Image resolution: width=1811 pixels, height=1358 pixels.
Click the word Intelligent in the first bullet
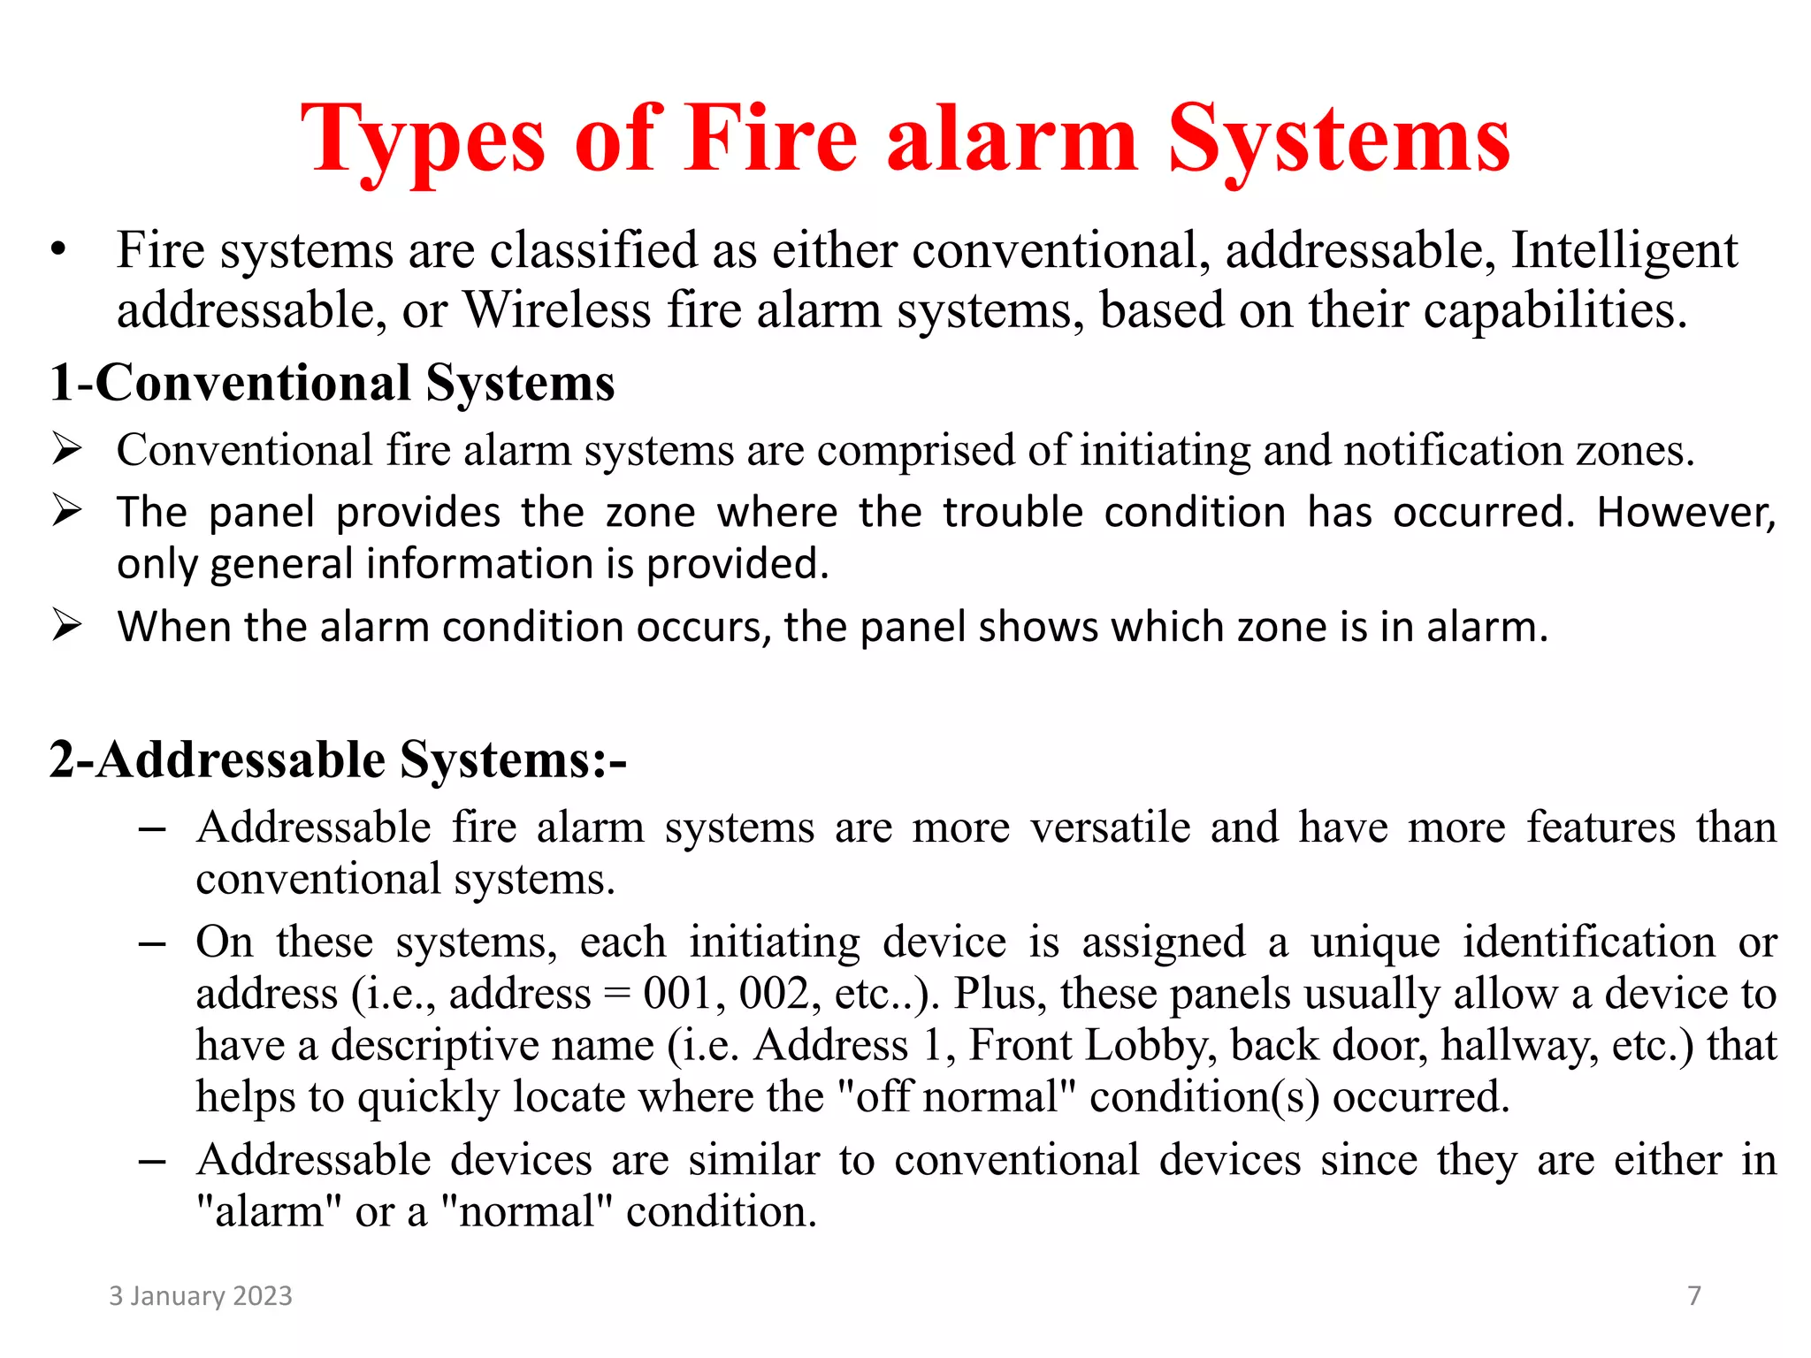tap(1624, 250)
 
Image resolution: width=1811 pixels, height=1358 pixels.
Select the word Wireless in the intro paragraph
tap(557, 310)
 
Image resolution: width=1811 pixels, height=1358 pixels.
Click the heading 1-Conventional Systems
tap(332, 383)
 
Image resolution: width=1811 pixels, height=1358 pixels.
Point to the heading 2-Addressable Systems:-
tap(338, 759)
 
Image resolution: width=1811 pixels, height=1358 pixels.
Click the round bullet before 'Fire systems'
tap(58, 250)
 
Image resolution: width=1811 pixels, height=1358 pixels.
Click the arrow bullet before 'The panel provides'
tap(66, 510)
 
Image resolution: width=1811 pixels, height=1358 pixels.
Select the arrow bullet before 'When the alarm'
tap(66, 625)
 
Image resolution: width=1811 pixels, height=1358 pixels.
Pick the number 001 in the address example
tap(676, 994)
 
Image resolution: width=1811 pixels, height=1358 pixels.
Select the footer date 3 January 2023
tap(200, 1296)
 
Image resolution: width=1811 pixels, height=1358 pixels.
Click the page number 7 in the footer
tap(1694, 1296)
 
